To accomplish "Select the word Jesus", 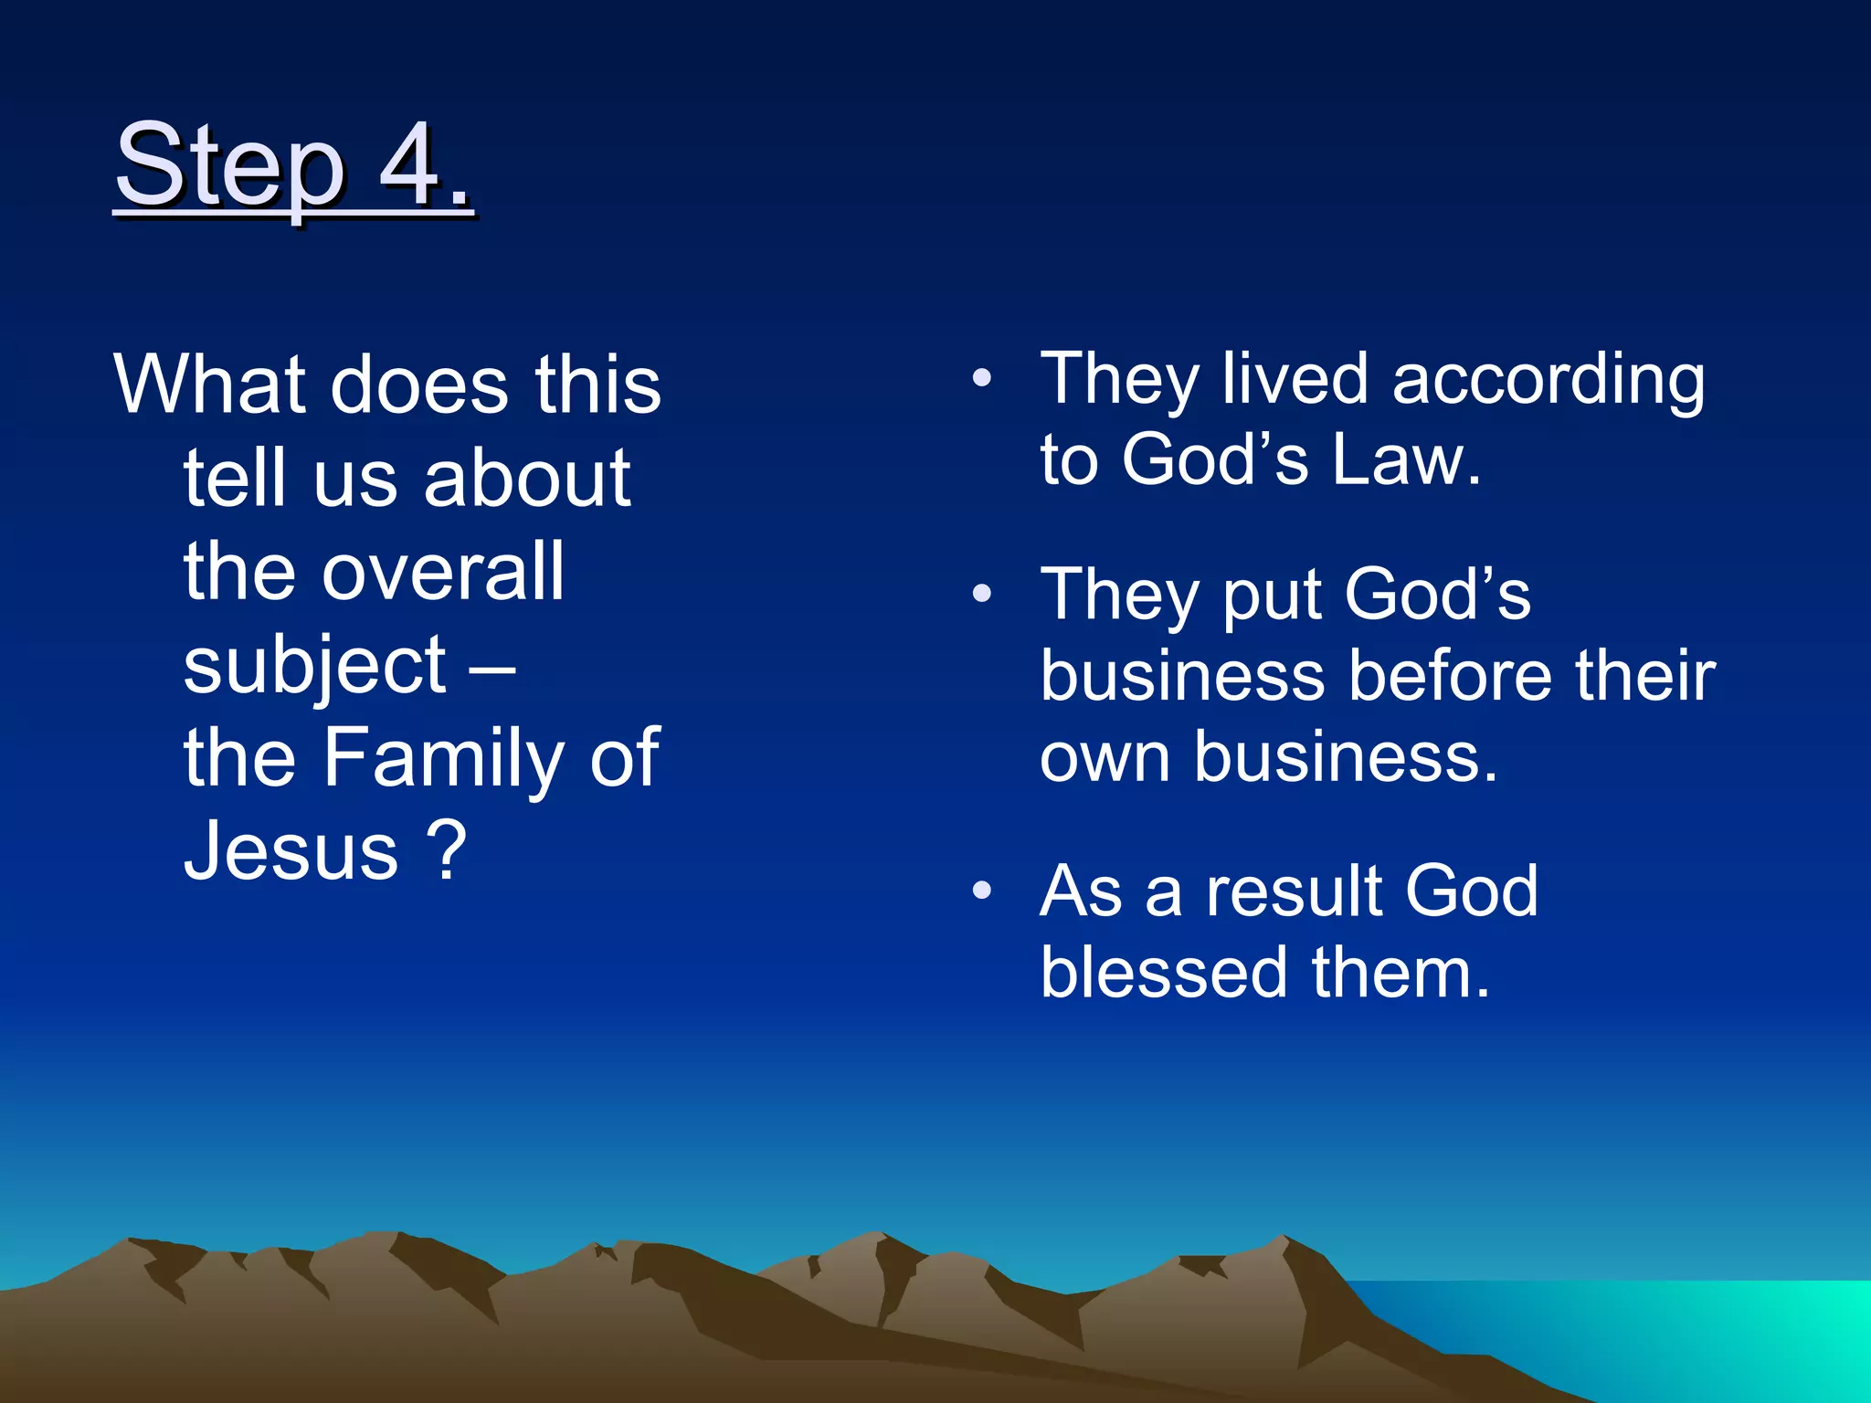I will [291, 850].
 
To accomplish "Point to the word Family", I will [444, 758].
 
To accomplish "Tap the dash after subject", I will [492, 668].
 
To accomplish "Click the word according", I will [1549, 380].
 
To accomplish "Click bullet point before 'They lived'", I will [982, 378].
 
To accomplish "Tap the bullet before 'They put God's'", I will [982, 594].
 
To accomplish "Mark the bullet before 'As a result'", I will [982, 891].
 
